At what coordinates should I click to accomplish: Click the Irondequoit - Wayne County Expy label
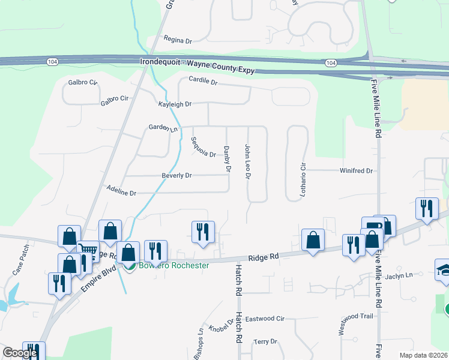click(x=197, y=62)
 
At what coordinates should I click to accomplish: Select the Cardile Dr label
click(x=202, y=81)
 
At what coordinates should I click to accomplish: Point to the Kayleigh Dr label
click(x=174, y=104)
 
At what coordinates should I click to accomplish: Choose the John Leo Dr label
click(x=247, y=161)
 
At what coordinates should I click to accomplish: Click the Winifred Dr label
click(x=356, y=171)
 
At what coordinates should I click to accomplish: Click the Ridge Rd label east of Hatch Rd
click(x=267, y=257)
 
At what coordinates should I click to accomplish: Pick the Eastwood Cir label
click(x=264, y=319)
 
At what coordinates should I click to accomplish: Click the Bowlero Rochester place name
click(x=174, y=266)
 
